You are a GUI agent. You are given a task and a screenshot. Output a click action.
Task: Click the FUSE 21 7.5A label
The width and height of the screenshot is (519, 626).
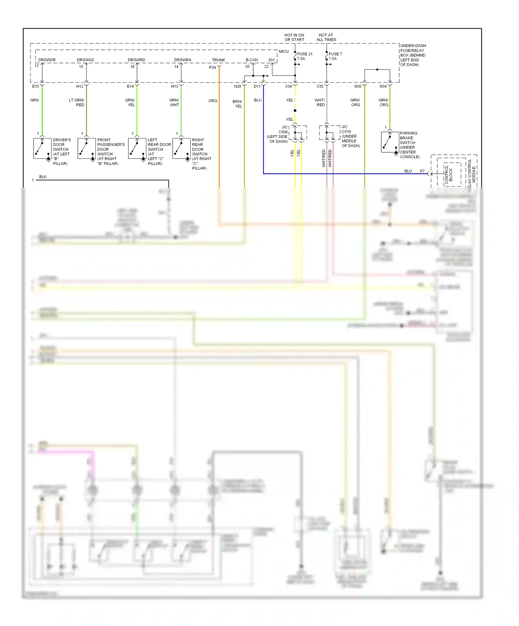[x=304, y=56]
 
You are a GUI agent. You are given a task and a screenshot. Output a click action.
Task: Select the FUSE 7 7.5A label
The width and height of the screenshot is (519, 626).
[x=335, y=56]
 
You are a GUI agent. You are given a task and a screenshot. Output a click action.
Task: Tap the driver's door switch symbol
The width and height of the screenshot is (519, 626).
[x=42, y=148]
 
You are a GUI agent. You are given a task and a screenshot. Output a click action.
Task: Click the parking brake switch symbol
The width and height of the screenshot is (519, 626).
[x=390, y=142]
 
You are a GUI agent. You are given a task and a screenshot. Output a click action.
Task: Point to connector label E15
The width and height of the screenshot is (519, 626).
[x=35, y=86]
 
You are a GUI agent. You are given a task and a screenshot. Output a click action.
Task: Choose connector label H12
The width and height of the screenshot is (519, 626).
[x=80, y=86]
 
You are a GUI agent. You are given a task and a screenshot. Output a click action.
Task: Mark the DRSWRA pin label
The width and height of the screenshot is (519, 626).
[x=183, y=60]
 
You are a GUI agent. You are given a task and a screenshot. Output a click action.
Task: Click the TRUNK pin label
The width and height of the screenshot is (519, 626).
[x=218, y=60]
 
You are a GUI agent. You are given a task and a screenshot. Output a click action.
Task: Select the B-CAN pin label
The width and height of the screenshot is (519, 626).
[x=252, y=60]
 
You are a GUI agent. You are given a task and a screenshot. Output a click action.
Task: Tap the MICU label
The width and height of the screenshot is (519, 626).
[x=284, y=51]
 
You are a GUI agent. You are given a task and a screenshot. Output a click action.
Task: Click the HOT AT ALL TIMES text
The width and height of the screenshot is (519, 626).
[x=326, y=37]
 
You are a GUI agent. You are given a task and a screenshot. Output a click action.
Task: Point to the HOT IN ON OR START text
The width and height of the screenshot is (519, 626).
[x=294, y=37]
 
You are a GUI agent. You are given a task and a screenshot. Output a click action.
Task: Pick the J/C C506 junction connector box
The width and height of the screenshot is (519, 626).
[x=298, y=133]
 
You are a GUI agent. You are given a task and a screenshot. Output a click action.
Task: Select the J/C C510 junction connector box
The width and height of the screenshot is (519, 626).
[x=329, y=133]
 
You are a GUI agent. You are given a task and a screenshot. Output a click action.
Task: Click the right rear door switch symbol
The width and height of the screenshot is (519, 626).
[x=181, y=148]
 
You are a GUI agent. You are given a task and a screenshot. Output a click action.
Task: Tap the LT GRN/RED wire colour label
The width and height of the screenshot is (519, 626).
[x=77, y=102]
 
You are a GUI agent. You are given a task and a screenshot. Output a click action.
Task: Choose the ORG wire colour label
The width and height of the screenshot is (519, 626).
[x=213, y=101]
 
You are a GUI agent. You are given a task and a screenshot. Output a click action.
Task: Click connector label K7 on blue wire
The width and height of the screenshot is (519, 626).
[x=422, y=171]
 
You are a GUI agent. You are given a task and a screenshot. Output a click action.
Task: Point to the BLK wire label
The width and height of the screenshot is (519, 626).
[x=43, y=176]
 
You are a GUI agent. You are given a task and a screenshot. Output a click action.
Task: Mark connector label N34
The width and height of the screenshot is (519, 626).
[x=383, y=86]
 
